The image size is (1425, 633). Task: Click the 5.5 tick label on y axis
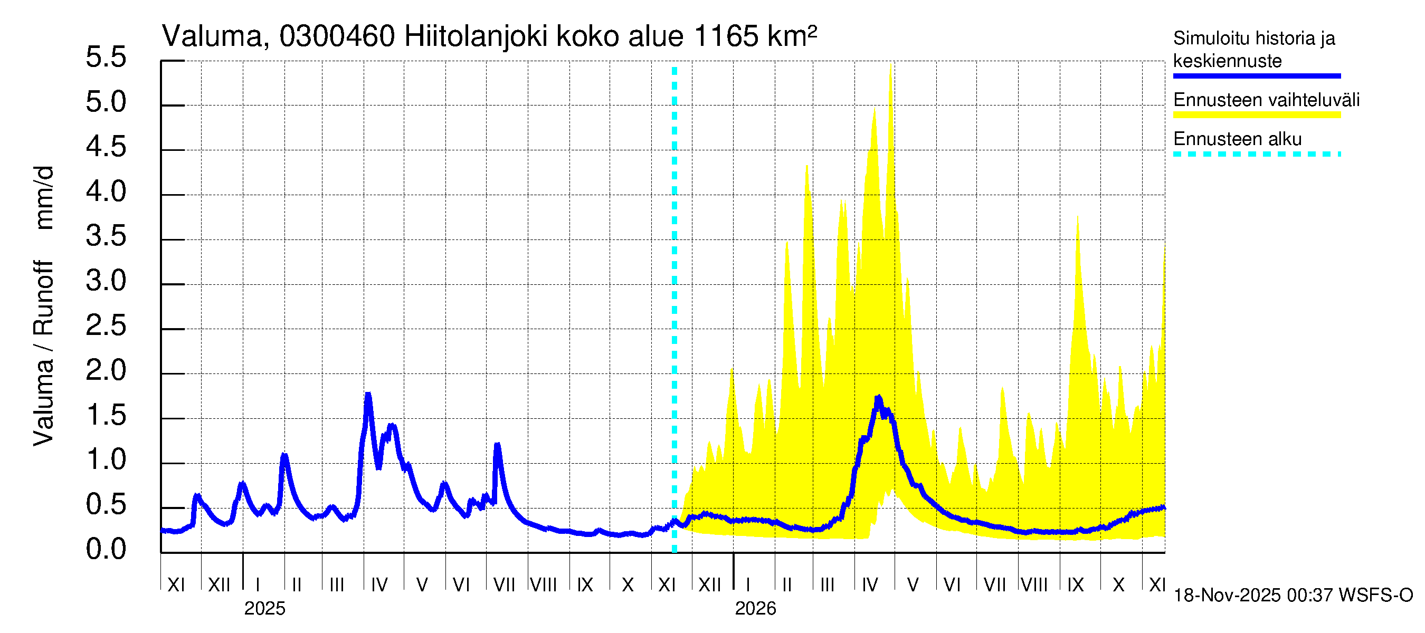click(x=106, y=57)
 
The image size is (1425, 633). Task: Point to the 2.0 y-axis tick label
click(x=106, y=370)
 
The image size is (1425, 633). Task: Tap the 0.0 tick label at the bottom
click(x=106, y=549)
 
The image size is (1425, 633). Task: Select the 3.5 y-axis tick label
click(x=106, y=237)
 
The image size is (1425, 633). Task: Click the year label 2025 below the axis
click(x=264, y=609)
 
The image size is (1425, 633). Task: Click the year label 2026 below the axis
click(x=755, y=609)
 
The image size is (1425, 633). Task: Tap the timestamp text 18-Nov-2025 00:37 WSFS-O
click(x=1293, y=596)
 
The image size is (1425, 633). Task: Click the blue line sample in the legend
click(x=1256, y=76)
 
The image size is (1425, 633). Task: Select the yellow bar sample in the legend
click(x=1256, y=115)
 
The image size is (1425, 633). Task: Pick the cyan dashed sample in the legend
click(x=1256, y=154)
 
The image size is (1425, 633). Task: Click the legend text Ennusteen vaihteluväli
click(x=1266, y=100)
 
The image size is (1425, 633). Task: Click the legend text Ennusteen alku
click(x=1238, y=139)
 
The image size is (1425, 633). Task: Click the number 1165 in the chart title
click(x=725, y=36)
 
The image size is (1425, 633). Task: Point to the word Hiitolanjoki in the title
click(x=476, y=36)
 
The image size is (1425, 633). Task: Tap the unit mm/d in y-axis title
click(x=44, y=197)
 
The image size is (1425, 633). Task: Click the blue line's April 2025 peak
click(x=368, y=395)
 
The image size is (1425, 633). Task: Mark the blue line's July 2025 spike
click(x=497, y=445)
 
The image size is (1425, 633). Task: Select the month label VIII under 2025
click(x=543, y=584)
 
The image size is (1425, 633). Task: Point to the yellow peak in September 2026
click(x=1078, y=217)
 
